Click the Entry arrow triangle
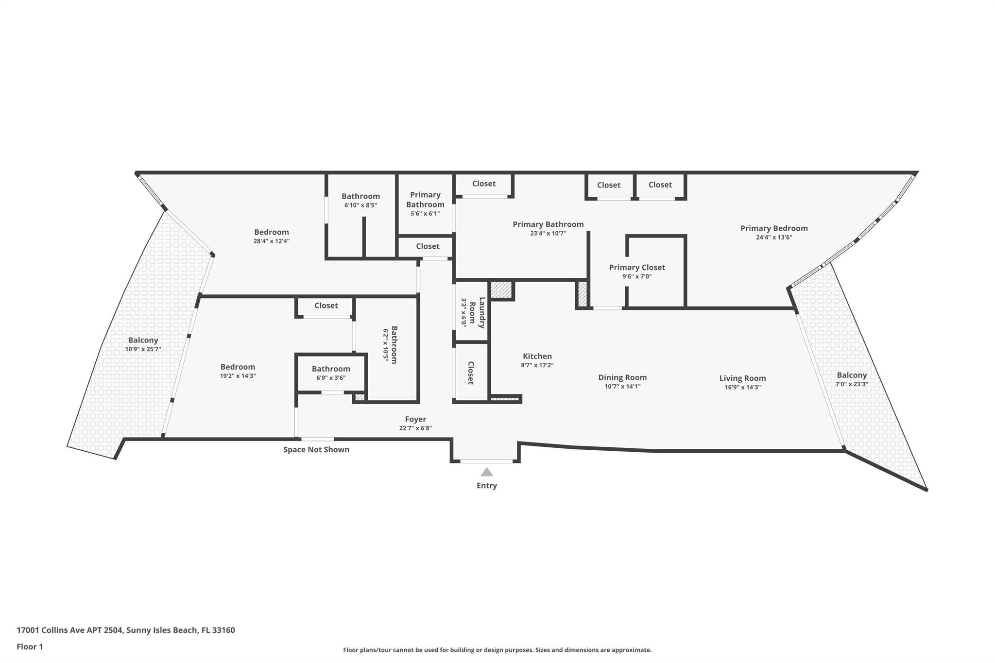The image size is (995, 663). (x=486, y=472)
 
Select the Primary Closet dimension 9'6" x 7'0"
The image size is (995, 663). (x=636, y=277)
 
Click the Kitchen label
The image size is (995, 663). (x=537, y=356)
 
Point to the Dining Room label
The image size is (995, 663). (x=622, y=377)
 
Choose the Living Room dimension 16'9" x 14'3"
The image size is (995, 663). (x=742, y=387)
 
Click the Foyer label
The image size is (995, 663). (x=415, y=419)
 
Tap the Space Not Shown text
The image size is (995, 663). (x=316, y=450)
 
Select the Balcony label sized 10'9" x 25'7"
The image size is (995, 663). (x=143, y=340)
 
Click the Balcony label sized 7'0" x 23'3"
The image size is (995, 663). (x=851, y=375)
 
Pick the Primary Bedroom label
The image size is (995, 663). (x=773, y=228)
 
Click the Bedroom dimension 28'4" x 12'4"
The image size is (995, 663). (x=272, y=241)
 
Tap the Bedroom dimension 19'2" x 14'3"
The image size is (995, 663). (x=238, y=376)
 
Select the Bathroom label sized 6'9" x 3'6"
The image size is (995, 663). (x=331, y=369)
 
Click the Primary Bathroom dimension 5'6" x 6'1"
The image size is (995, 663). (x=425, y=214)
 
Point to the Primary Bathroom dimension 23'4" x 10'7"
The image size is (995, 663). (x=548, y=233)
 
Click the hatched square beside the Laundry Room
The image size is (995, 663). (x=501, y=290)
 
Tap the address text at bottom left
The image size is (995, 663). (x=126, y=630)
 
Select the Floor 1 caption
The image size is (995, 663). (x=30, y=647)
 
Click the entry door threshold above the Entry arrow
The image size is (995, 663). (x=486, y=461)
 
